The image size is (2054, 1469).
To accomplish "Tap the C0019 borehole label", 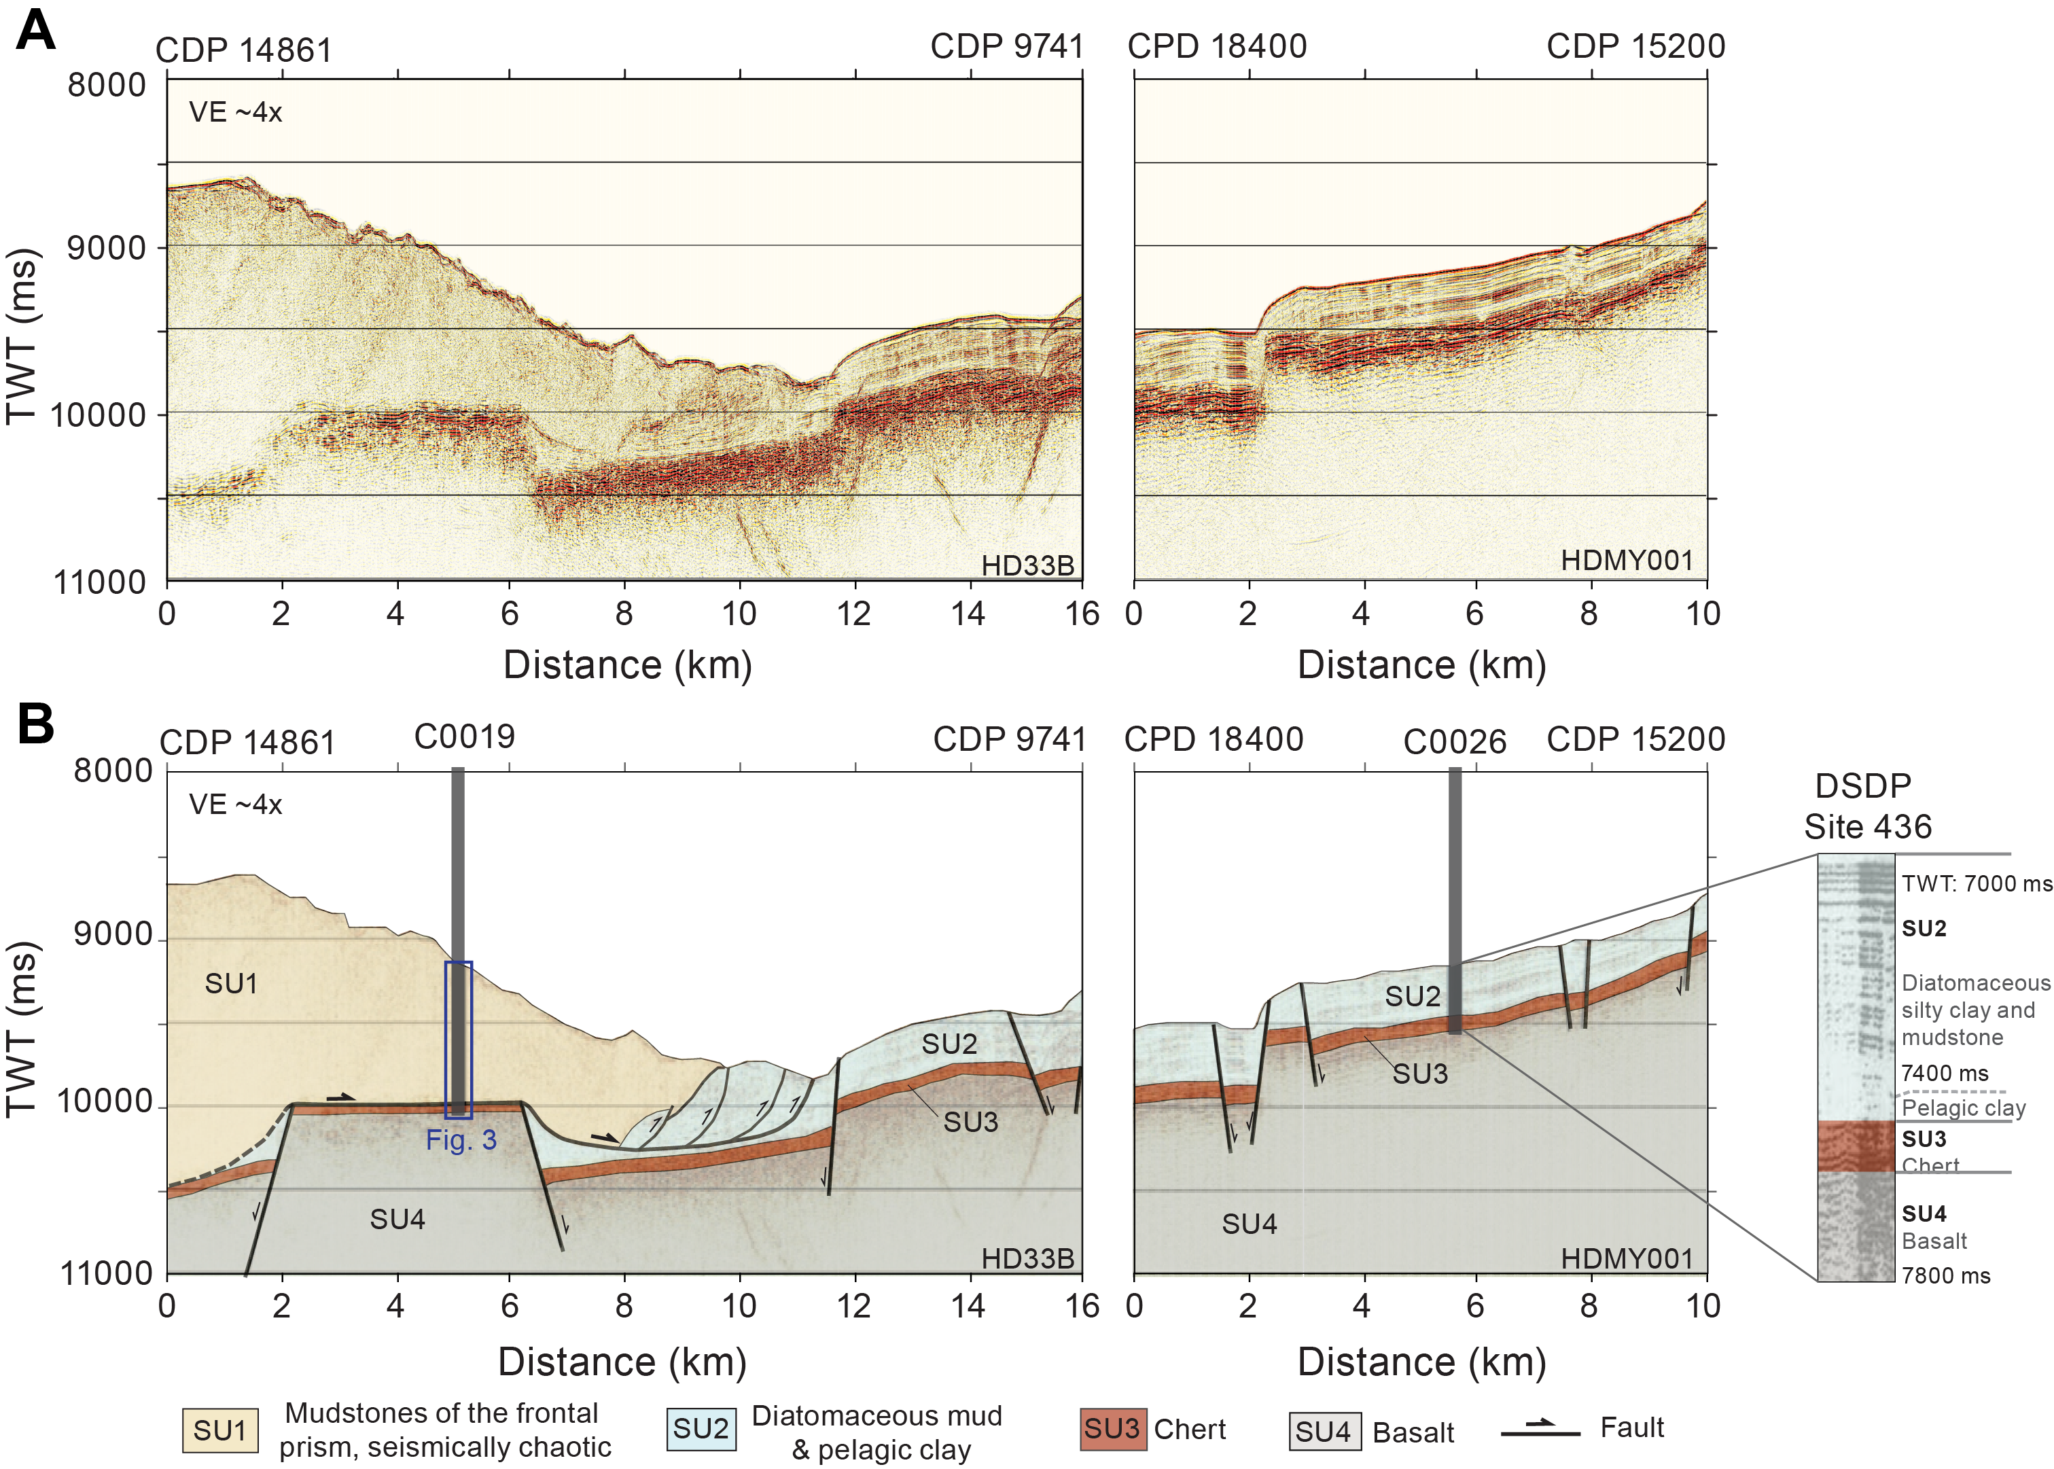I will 464,737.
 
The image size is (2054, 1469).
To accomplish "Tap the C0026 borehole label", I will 1454,743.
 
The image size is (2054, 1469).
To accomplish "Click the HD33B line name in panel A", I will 1027,565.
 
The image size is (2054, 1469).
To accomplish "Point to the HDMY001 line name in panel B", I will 1626,1258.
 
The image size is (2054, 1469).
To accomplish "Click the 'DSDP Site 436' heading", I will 1866,806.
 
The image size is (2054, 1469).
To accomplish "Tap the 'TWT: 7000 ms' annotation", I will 1977,884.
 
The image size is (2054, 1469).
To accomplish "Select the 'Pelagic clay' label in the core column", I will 1963,1108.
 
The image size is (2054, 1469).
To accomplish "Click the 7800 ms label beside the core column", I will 1945,1275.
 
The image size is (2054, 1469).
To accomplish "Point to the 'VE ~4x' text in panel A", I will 235,112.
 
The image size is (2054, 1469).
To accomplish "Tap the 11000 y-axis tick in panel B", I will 107,1273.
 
